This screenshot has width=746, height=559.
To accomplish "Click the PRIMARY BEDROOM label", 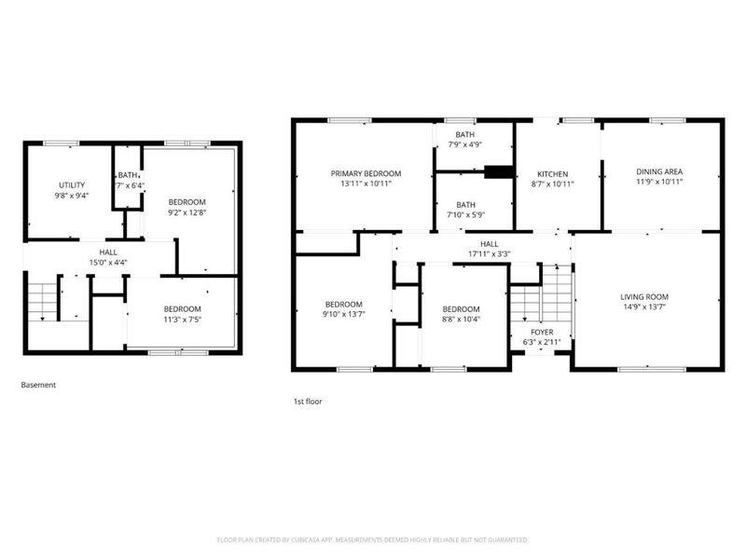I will pyautogui.click(x=366, y=173).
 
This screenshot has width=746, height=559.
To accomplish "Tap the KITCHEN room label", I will pyautogui.click(x=552, y=173).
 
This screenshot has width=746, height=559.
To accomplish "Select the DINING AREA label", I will pyautogui.click(x=659, y=171).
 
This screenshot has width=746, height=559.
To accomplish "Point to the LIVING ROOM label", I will pyautogui.click(x=645, y=297).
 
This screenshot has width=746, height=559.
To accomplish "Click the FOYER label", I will pyautogui.click(x=542, y=332).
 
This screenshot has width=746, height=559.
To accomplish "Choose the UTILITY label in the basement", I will pyautogui.click(x=72, y=185).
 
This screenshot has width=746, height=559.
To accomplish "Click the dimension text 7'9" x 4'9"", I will pyautogui.click(x=463, y=144).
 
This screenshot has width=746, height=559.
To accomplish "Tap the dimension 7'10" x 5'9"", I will pyautogui.click(x=464, y=215).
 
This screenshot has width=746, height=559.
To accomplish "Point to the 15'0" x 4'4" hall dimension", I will pyautogui.click(x=108, y=262).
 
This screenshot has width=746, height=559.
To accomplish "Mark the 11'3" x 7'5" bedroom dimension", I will pyautogui.click(x=182, y=320).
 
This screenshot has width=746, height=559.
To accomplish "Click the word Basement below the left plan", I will pyautogui.click(x=39, y=384).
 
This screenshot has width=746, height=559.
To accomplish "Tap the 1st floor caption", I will pyautogui.click(x=308, y=402).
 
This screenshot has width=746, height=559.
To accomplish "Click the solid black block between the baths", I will pyautogui.click(x=499, y=171).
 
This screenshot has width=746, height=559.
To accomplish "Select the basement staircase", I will pyautogui.click(x=41, y=300).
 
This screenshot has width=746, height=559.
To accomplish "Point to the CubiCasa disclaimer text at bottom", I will pyautogui.click(x=373, y=539).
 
